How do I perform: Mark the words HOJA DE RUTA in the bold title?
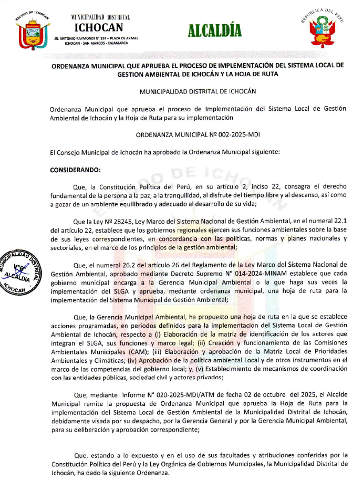coord(257,74)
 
